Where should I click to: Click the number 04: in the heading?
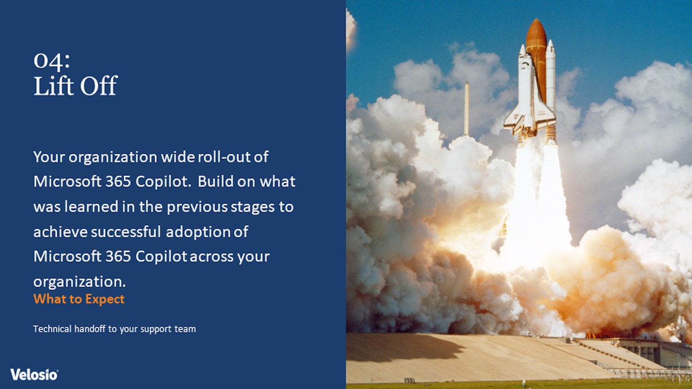pos(51,60)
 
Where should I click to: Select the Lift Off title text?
pos(75,85)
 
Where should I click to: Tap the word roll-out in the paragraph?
pos(224,157)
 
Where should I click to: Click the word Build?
pos(216,181)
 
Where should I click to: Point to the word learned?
pos(91,206)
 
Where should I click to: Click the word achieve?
pos(61,232)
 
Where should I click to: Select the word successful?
pos(126,232)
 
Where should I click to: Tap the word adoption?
pos(198,232)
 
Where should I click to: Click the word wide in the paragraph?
pos(178,157)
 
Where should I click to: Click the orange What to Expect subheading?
pos(79,299)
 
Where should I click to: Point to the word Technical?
pos(52,329)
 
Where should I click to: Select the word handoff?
pos(90,329)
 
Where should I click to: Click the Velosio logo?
pos(34,374)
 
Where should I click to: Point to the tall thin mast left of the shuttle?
pos(467,109)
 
